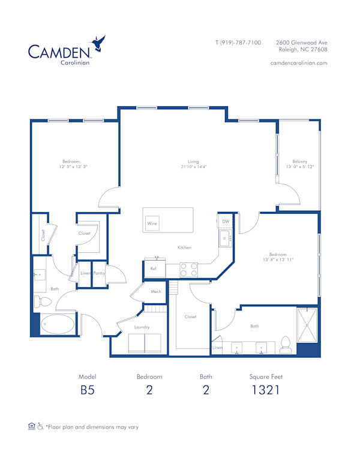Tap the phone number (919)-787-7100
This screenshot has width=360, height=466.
[238, 43]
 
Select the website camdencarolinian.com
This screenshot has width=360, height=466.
[299, 62]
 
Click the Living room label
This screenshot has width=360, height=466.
[193, 162]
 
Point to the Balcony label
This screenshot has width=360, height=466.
[300, 162]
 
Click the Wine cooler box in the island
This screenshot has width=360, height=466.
[152, 223]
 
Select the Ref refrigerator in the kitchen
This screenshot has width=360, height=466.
[154, 269]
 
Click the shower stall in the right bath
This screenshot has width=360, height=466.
[307, 325]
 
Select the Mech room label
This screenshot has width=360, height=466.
[155, 292]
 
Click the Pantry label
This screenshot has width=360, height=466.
[99, 273]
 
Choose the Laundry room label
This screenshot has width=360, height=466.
[142, 327]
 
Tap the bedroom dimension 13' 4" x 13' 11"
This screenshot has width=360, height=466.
[277, 259]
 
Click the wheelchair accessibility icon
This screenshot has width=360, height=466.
[40, 427]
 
